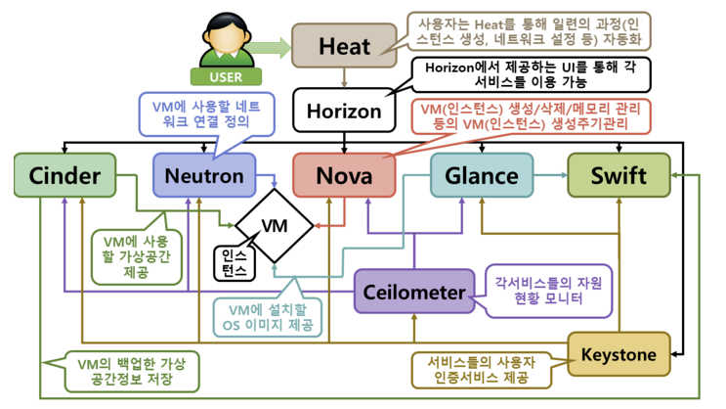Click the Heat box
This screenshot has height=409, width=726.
(344, 45)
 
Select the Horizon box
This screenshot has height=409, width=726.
(344, 112)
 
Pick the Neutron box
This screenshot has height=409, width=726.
(204, 176)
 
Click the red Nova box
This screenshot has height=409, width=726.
(344, 176)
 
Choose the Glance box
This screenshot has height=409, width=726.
(481, 176)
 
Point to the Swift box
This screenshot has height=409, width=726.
(619, 176)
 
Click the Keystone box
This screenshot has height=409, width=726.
(619, 353)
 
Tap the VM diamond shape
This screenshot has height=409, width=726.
(274, 226)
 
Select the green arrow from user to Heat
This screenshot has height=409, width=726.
(279, 45)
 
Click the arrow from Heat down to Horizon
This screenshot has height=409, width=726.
(344, 78)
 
